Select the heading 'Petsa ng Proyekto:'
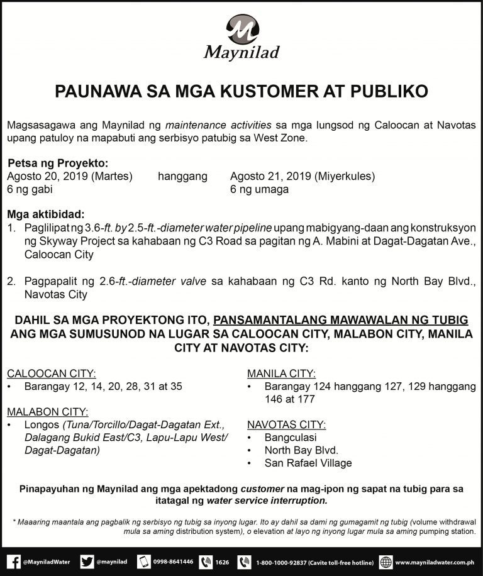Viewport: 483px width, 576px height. [58, 163]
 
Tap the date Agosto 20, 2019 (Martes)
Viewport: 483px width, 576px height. [69, 177]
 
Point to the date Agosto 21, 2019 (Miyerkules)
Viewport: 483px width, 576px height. [303, 177]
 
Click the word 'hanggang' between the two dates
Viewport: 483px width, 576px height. [182, 177]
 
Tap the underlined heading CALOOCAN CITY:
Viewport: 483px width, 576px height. [52, 374]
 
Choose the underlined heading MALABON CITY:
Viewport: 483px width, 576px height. [48, 411]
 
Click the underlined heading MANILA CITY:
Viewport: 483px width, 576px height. [282, 374]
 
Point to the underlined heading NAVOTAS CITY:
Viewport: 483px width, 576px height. [287, 424]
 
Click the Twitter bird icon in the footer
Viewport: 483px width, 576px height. [87, 561]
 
